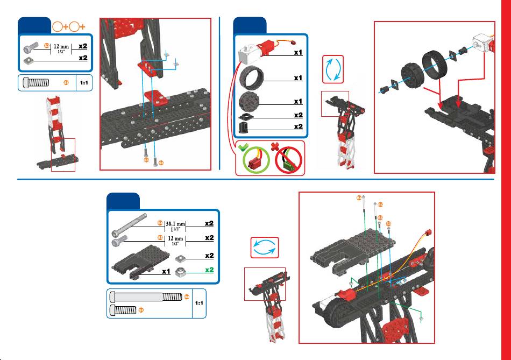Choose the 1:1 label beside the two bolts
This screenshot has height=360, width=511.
pos(199,303)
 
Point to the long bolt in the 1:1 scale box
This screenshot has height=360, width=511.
pos(145,297)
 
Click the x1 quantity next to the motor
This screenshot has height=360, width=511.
pos(297,53)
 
